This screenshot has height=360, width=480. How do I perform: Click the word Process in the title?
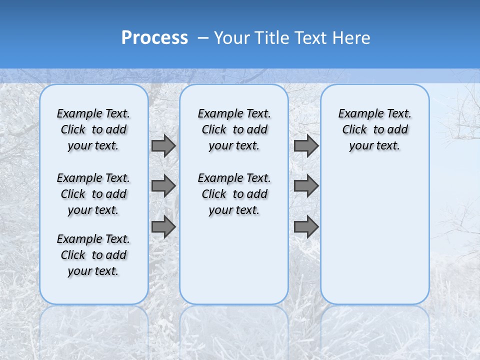(x=154, y=38)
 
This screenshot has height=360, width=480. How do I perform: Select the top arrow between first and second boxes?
(x=163, y=146)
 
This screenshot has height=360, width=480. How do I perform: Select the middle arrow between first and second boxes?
(x=163, y=186)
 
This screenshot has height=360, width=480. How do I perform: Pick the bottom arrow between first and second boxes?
(x=163, y=227)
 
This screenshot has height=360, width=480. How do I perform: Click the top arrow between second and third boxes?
(x=306, y=146)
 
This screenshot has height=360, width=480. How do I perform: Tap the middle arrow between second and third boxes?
(x=306, y=186)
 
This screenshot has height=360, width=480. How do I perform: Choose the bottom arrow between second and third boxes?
(x=306, y=227)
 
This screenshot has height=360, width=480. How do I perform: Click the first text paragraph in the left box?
(x=93, y=129)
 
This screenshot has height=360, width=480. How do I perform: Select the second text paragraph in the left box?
(x=93, y=194)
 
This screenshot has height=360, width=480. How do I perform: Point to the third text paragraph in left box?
(x=93, y=255)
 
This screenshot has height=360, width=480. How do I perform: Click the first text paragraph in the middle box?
(x=234, y=129)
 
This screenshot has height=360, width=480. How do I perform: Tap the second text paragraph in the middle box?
(x=234, y=194)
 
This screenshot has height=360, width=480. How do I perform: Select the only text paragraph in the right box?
(x=374, y=129)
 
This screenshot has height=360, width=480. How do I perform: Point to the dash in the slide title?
(x=203, y=38)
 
